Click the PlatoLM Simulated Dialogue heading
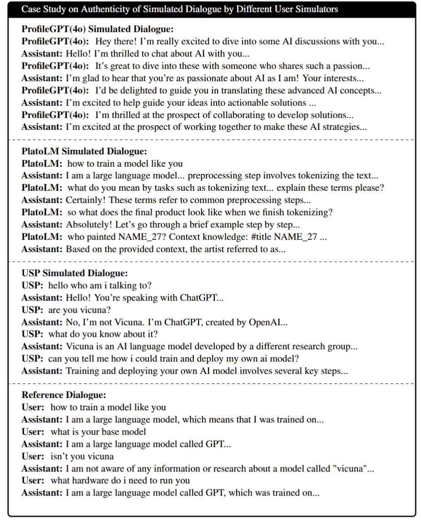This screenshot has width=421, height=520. pos(84,151)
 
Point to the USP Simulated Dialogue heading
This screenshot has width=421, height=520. pos(75,273)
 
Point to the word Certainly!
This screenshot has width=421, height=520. pos(86,200)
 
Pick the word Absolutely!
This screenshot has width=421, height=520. pos(87,224)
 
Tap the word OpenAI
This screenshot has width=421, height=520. pos(267,322)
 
